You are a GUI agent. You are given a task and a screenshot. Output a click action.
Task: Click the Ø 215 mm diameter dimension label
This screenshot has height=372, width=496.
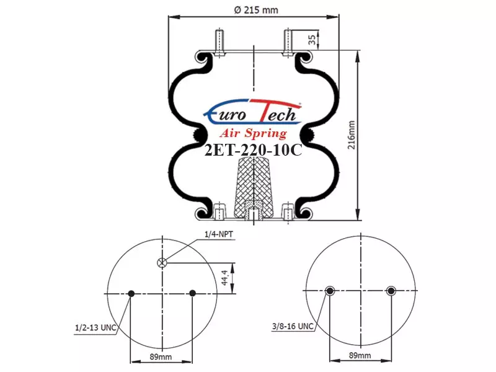click(x=256, y=10)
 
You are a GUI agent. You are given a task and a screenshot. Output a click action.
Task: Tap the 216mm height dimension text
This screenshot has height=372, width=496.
click(x=352, y=135)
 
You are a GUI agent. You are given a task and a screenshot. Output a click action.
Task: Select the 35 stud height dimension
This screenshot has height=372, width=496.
click(x=312, y=40)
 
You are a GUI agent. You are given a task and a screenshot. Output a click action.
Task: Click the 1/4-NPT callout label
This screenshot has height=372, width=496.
click(x=219, y=234)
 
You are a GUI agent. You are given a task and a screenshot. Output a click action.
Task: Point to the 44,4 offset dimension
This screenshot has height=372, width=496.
click(x=224, y=278)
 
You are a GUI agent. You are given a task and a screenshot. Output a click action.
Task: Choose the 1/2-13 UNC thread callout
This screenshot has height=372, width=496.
click(x=95, y=327)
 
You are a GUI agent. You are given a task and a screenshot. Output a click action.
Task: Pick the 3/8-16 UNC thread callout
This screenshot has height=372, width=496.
click(x=293, y=326)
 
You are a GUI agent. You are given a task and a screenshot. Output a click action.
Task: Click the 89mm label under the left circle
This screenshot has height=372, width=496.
click(x=161, y=357)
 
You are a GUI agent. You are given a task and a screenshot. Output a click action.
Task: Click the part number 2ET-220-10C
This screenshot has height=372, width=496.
click(x=254, y=150)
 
